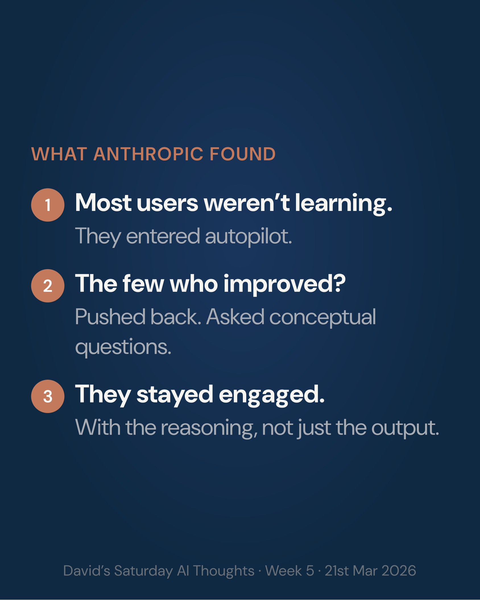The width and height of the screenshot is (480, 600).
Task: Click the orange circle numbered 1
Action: (x=48, y=205)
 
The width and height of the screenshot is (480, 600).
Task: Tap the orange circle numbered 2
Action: (x=48, y=286)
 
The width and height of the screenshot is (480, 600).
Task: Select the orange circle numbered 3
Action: (x=48, y=396)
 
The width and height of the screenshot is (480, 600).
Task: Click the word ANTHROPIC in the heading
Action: (x=148, y=154)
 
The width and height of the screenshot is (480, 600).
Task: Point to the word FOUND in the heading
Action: (x=243, y=154)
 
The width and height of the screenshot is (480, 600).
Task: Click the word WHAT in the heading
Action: (x=59, y=154)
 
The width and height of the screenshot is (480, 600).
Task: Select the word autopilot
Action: (x=248, y=236)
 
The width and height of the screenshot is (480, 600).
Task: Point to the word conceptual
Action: (x=322, y=317)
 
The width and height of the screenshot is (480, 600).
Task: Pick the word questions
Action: (x=123, y=347)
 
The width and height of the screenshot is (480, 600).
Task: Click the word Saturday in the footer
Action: (x=143, y=571)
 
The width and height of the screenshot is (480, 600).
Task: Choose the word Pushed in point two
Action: (x=109, y=317)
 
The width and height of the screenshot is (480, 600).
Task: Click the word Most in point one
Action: (x=103, y=203)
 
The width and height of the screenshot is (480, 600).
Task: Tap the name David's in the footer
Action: (x=86, y=571)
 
